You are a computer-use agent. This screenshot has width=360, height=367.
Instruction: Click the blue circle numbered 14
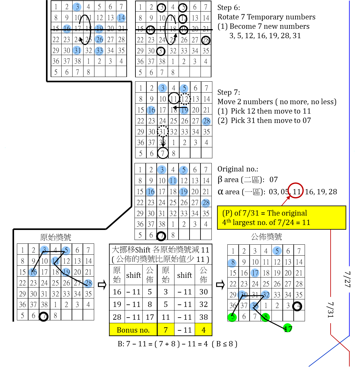(121, 18)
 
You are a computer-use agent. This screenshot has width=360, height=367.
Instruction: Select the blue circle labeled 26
(99, 39)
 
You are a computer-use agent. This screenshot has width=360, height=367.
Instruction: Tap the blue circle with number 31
(77, 50)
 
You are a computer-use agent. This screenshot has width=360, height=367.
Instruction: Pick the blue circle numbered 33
(99, 51)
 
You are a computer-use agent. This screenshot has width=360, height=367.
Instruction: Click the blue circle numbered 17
(255, 273)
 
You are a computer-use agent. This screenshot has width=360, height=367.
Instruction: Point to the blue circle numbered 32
(266, 295)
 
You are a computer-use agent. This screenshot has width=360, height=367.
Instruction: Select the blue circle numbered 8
(232, 263)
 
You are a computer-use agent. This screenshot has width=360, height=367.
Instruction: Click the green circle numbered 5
(232, 317)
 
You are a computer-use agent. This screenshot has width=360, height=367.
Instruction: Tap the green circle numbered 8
(265, 317)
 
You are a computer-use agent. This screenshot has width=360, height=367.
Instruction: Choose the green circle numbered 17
(287, 328)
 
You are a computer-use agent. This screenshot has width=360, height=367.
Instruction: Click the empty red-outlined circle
(296, 190)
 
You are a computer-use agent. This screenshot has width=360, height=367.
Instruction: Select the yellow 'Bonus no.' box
(133, 329)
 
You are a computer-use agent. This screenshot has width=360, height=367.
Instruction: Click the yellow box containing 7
(166, 329)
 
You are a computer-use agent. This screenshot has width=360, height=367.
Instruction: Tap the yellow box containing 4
(203, 329)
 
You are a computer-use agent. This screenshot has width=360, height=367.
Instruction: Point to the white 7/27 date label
(347, 279)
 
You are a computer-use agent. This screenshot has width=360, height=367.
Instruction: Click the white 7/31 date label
(331, 310)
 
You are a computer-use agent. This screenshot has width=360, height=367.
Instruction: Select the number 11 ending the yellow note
(306, 223)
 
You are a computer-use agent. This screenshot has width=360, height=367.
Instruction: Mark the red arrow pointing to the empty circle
(286, 201)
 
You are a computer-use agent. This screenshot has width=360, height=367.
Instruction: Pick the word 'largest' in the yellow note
(244, 223)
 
